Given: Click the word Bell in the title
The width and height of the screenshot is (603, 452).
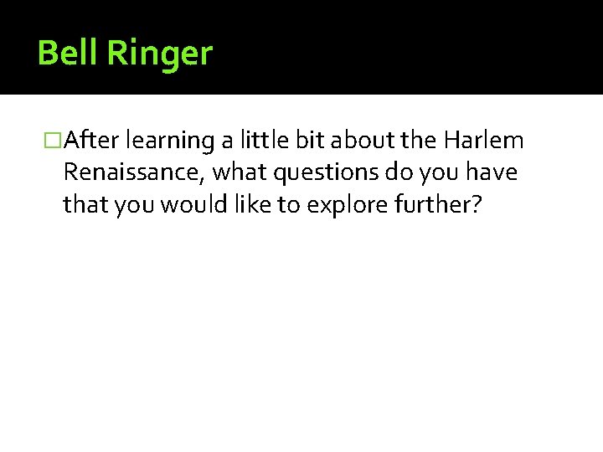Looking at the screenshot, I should pyautogui.click(x=67, y=53).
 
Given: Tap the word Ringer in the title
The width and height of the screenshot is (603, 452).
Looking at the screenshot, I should pyautogui.click(x=158, y=54).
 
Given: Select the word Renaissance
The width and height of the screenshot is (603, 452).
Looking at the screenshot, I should pyautogui.click(x=134, y=173).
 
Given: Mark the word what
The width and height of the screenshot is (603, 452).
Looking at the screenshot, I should pyautogui.click(x=241, y=173).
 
